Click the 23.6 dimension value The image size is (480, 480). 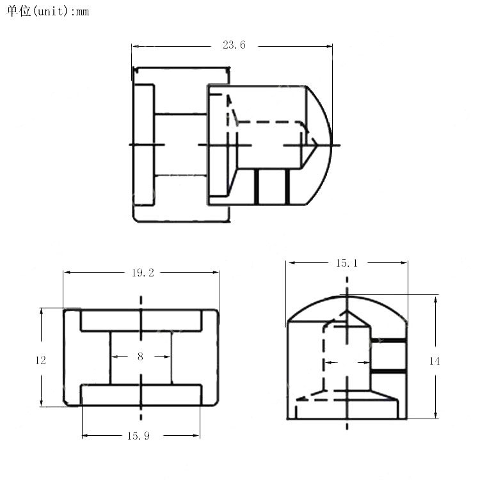point(234,45)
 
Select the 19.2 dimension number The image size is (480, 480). point(143,273)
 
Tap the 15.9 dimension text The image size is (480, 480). point(139,436)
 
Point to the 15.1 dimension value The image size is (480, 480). point(347,263)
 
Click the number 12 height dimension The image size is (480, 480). point(41,360)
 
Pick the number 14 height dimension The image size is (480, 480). point(435,361)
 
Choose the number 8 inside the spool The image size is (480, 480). point(140,356)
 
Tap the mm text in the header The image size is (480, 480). point(82,12)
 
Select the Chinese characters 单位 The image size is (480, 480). point(19,11)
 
